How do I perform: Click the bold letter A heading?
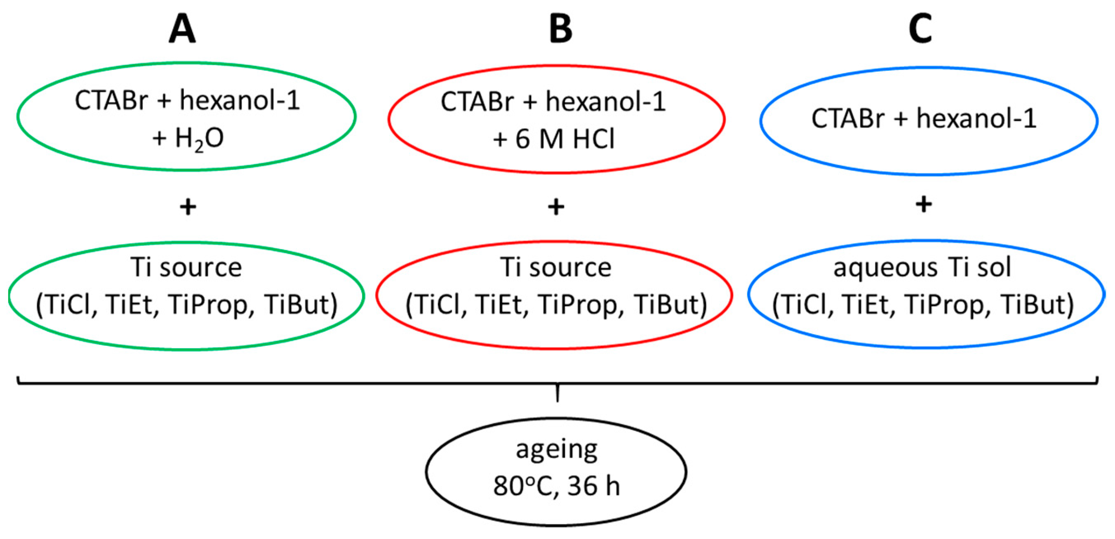point(182,29)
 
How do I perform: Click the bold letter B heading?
point(560,29)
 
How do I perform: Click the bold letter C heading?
point(920,29)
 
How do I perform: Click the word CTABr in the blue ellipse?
point(847,118)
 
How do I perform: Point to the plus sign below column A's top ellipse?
point(188,207)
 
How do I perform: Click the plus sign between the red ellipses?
point(556,207)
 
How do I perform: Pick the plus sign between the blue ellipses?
point(924,204)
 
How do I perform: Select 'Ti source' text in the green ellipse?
point(186,267)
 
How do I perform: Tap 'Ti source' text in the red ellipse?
point(556,267)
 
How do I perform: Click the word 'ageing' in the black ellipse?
point(557,450)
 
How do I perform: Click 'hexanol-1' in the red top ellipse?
point(606,102)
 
